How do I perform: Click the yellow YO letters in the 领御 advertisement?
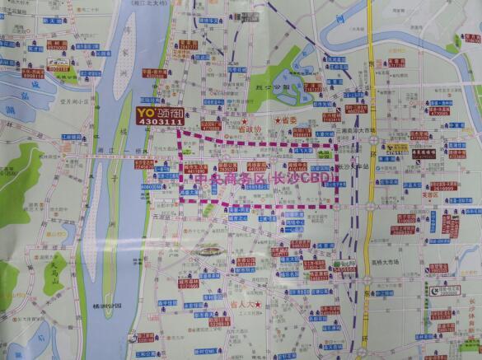point(146,111)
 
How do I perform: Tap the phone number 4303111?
point(160,122)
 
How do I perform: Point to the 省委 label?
point(288,120)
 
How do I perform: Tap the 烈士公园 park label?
point(264,85)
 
